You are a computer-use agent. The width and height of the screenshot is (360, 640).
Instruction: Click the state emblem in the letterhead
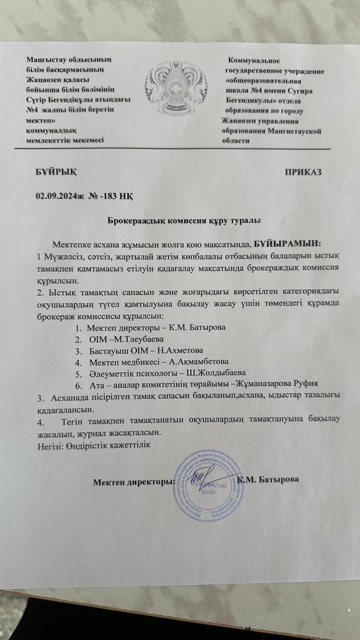click(x=172, y=90)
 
